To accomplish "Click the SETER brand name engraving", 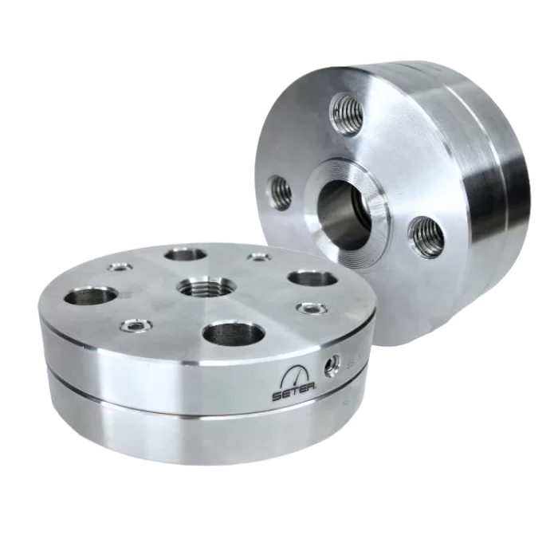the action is point(296,395).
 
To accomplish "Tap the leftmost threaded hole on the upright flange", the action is point(281,193).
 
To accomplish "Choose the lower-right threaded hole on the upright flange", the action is point(426,237).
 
